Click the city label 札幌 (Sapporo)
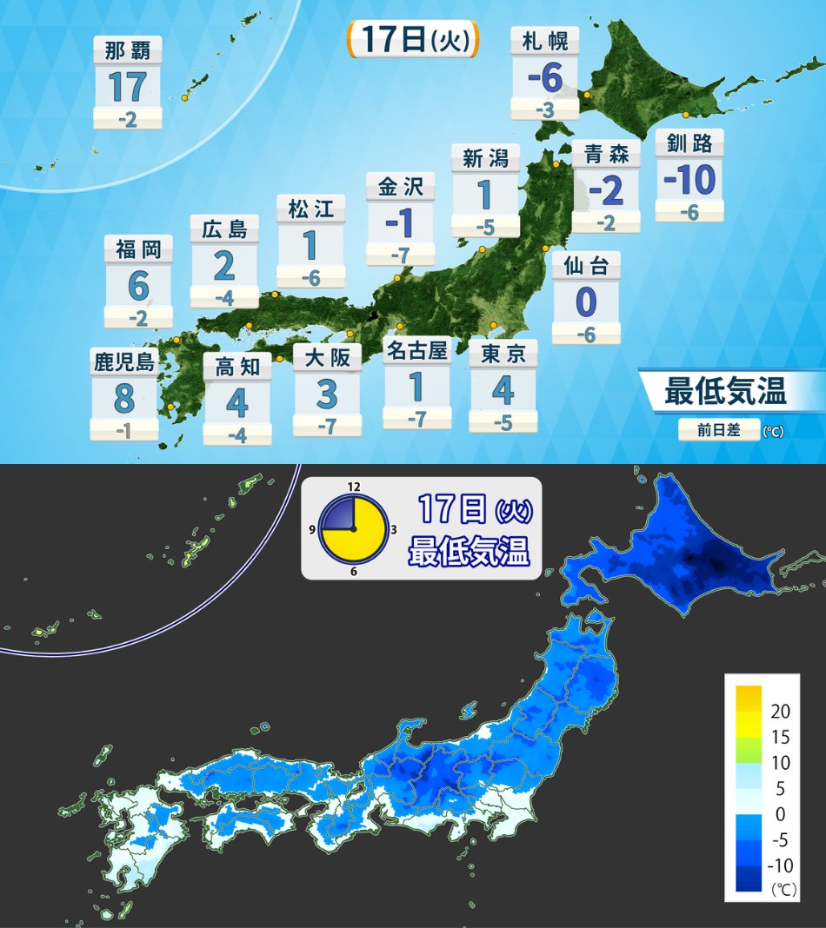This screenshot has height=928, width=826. [545, 41]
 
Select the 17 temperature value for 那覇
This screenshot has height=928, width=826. [127, 87]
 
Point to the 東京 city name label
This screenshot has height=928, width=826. [503, 354]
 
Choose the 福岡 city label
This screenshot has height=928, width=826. [138, 250]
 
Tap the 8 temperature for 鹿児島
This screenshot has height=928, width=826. [123, 399]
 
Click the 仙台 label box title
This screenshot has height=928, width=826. [586, 265]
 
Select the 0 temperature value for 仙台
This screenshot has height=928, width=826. [586, 303]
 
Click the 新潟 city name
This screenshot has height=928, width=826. [485, 158]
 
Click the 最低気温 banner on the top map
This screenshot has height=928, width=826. [725, 392]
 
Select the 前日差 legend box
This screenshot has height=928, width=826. [718, 430]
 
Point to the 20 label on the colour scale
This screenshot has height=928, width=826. [780, 711]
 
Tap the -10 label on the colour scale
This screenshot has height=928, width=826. [780, 866]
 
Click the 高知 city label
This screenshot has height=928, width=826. [237, 367]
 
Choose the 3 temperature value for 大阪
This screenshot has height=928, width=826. [326, 394]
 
